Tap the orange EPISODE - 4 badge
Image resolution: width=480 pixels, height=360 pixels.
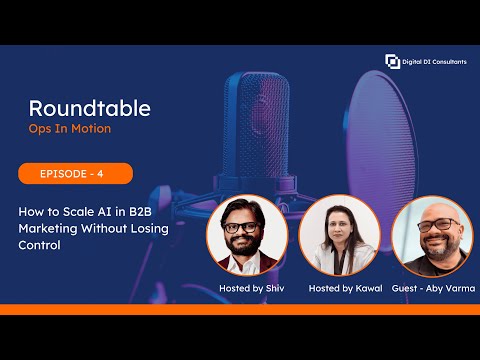pyautogui.click(x=75, y=174)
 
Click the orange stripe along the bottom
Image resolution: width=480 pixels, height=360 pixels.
pyautogui.click(x=240, y=309)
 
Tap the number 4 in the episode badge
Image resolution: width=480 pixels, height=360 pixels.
pyautogui.click(x=99, y=174)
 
